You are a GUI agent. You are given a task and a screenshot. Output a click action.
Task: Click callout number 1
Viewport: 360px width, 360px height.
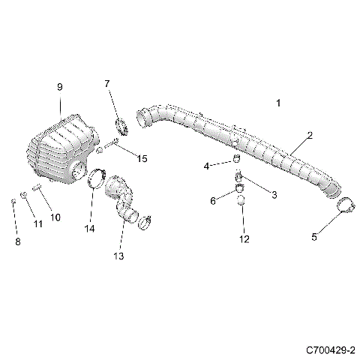pyautogui.click(x=278, y=102)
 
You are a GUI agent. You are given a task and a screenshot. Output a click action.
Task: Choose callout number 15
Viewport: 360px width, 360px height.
pyautogui.click(x=142, y=158)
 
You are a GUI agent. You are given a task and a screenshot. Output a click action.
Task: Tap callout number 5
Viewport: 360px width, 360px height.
pyautogui.click(x=314, y=237)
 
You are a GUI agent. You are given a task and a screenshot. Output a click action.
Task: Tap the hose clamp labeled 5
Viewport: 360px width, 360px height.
pyautogui.click(x=343, y=205)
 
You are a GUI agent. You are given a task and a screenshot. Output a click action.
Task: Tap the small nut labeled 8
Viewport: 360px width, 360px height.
pyautogui.click(x=13, y=202)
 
